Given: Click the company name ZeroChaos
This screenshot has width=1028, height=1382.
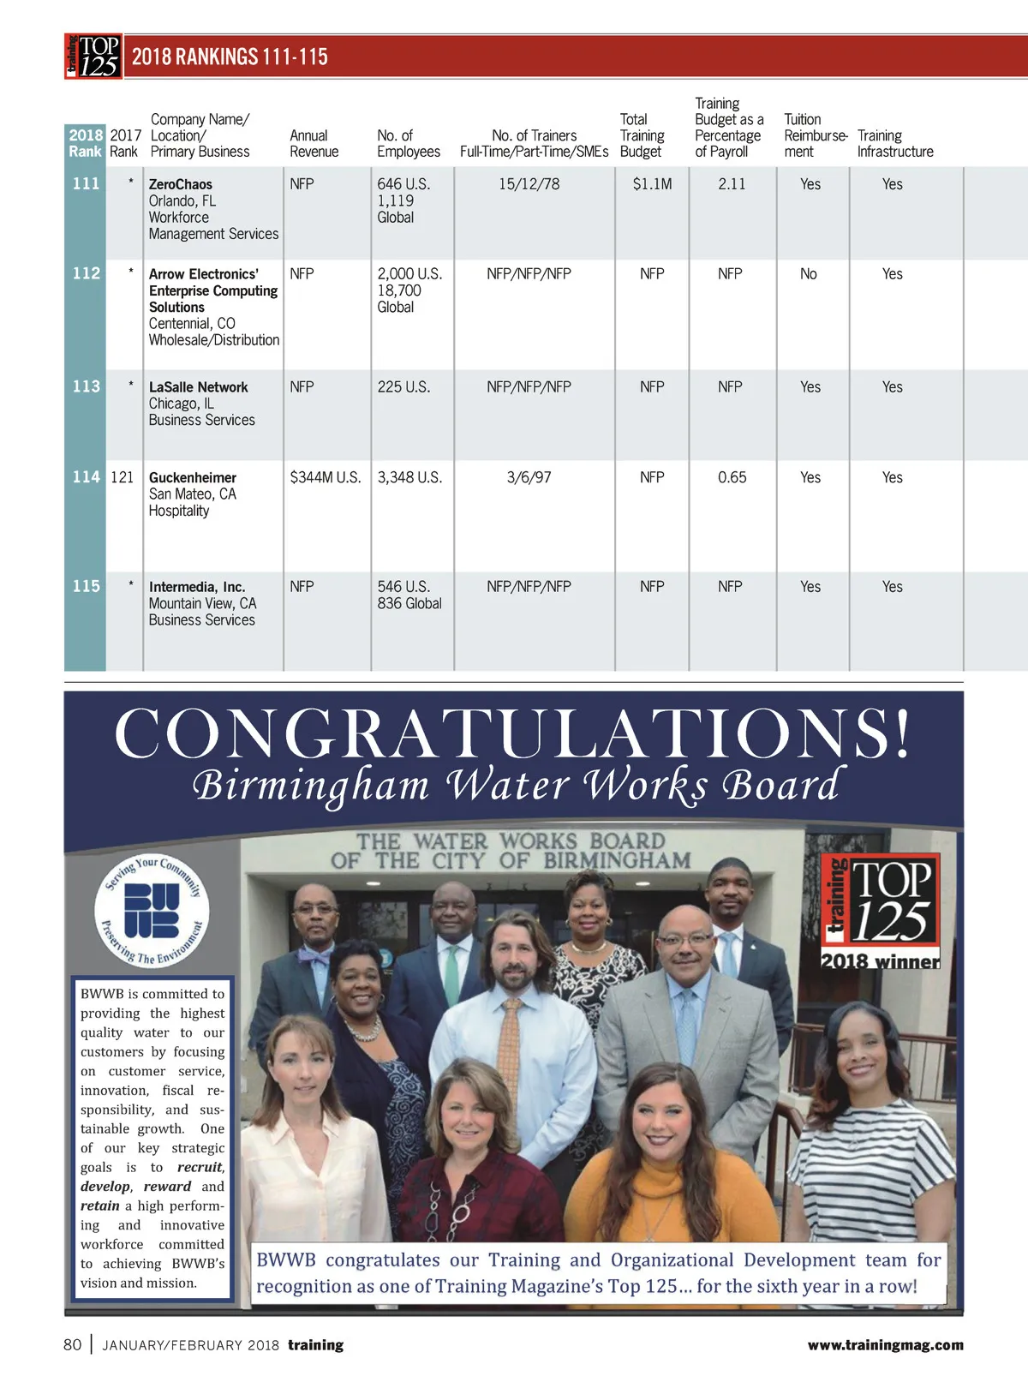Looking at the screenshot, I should tap(181, 184).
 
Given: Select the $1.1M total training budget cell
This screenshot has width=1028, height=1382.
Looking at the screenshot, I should tap(652, 184).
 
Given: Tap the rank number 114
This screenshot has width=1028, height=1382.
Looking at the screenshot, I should tap(86, 477).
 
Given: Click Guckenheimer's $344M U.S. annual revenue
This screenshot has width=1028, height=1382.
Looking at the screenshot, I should tap(326, 477).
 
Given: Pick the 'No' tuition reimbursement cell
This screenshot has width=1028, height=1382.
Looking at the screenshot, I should tap(808, 274).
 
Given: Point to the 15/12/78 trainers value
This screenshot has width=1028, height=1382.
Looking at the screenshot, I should tap(529, 184).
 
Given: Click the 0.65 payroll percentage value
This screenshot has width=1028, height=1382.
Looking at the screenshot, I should tap(732, 477).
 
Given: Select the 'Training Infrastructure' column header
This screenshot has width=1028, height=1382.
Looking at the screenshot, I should tap(894, 143).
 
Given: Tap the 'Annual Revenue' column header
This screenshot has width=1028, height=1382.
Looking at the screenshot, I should tap(314, 143).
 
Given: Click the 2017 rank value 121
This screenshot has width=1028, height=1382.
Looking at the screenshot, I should tap(123, 477).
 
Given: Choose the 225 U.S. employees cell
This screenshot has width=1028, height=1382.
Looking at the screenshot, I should tap(403, 387).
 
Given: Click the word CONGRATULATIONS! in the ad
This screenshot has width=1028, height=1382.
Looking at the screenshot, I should tap(512, 733).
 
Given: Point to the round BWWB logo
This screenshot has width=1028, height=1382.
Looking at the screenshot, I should tap(152, 911).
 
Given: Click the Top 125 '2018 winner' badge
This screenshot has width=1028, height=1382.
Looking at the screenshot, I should tap(881, 912).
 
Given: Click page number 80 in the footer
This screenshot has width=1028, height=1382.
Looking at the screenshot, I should tap(73, 1344).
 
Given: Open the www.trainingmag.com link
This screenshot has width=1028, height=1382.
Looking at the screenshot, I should tap(885, 1345).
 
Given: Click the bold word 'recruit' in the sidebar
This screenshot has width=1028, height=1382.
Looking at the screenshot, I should tap(200, 1167).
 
